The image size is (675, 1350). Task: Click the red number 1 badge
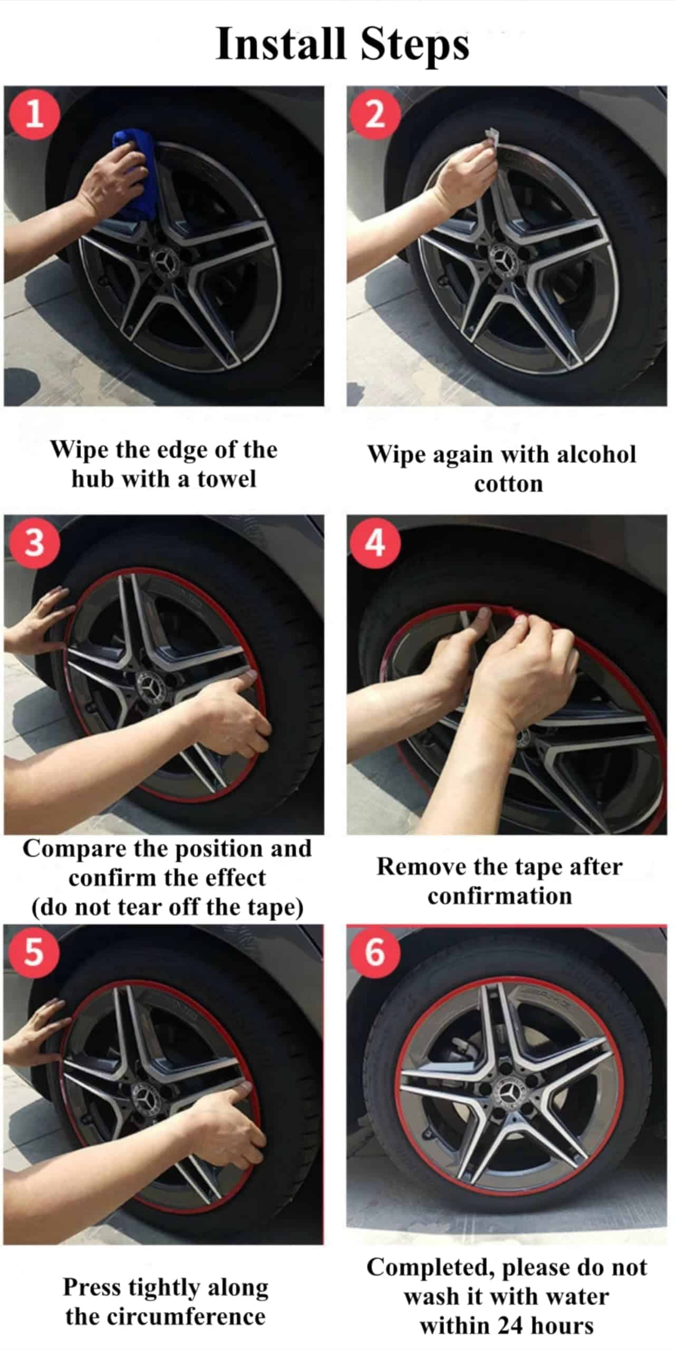[34, 113]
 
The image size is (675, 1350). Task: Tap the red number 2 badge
[375, 113]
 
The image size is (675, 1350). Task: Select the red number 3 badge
[34, 543]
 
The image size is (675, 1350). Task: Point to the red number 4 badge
[375, 543]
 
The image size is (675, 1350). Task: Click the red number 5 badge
[33, 952]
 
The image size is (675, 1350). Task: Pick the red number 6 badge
[375, 952]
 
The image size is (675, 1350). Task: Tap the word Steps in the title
[414, 45]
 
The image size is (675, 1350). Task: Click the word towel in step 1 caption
[227, 479]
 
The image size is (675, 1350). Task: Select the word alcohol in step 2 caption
[596, 454]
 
